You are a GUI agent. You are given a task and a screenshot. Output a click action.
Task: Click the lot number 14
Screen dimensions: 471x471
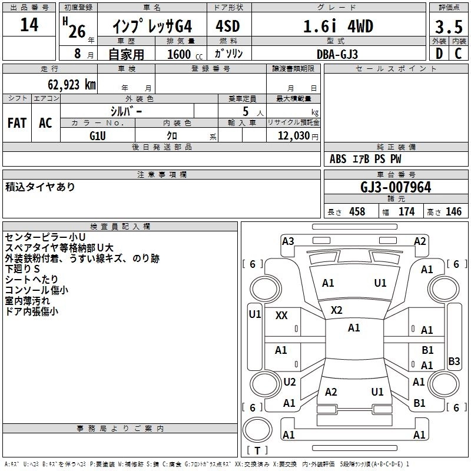(29, 25)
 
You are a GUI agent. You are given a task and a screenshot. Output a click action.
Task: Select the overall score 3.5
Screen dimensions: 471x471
(447, 27)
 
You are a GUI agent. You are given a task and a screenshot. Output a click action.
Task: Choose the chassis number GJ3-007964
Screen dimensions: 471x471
(396, 187)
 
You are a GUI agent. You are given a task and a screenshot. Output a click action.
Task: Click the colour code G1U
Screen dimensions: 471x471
(98, 135)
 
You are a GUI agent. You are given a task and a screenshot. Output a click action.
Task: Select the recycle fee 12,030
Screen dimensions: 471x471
(293, 135)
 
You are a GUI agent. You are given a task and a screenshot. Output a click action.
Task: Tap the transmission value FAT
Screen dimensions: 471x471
(17, 123)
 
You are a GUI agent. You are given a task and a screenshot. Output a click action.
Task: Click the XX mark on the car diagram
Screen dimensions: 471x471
(281, 316)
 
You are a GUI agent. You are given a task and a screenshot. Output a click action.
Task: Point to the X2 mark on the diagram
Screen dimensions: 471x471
(337, 310)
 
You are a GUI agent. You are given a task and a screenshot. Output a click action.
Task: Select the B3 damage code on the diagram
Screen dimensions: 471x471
(454, 361)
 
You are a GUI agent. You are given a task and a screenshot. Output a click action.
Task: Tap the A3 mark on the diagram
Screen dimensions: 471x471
(288, 241)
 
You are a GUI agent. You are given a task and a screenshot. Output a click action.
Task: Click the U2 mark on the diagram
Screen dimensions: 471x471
(290, 382)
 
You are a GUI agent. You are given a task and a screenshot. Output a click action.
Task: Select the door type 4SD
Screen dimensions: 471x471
(228, 26)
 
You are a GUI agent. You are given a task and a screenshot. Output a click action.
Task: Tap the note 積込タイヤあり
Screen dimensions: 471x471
(40, 187)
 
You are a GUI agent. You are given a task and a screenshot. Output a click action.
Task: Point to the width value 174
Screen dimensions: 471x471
(406, 212)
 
